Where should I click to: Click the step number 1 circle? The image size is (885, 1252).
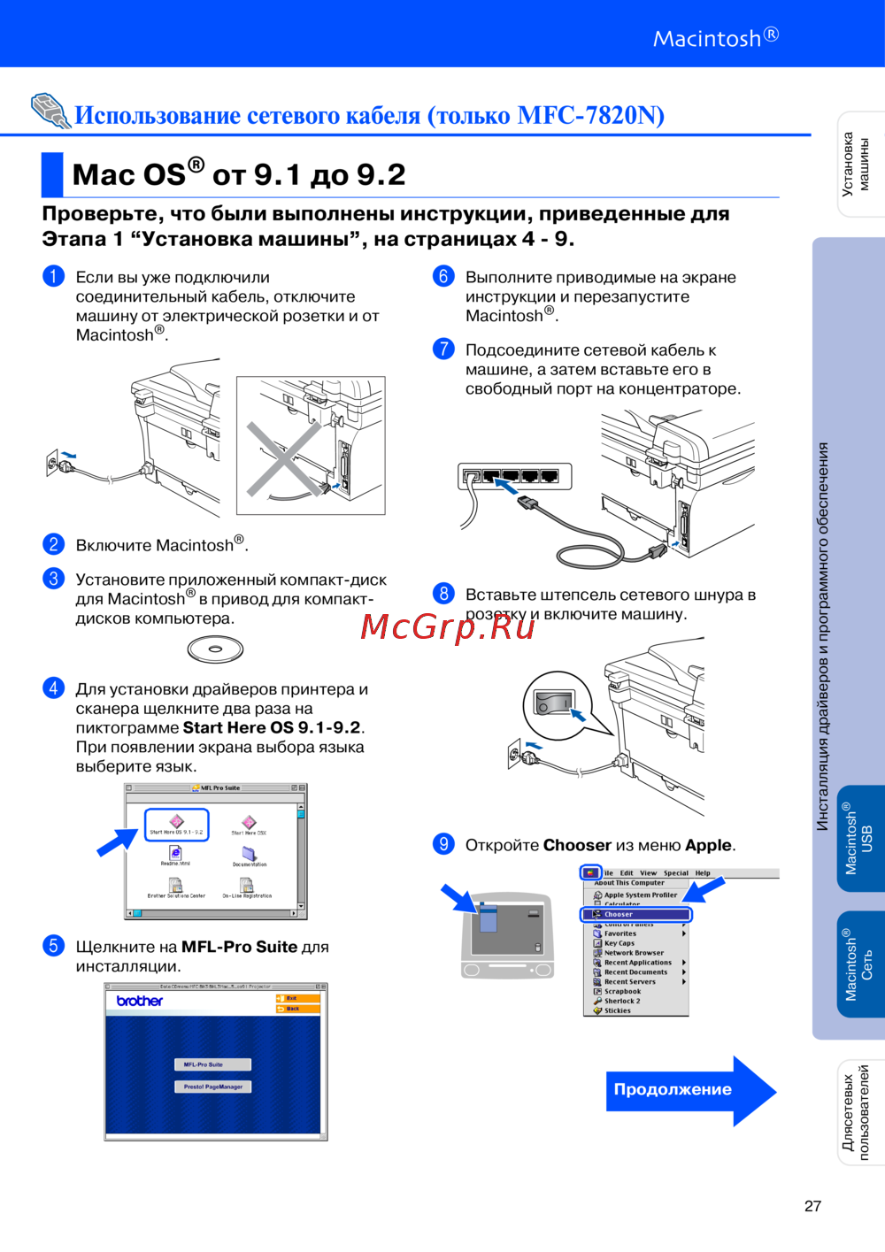(53, 276)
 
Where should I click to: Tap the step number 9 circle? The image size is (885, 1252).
(443, 843)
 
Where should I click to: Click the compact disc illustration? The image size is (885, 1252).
(215, 649)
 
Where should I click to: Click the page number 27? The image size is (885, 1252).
(812, 1206)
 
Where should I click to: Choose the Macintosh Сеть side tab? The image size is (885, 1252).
(858, 964)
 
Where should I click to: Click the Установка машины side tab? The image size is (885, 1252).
(857, 164)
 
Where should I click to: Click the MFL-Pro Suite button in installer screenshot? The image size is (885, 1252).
(212, 1064)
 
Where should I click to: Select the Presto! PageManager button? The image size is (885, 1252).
(212, 1087)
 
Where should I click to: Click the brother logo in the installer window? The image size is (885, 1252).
(140, 1001)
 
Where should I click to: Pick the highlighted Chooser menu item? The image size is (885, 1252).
(636, 914)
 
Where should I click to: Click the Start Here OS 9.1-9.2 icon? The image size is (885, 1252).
(176, 825)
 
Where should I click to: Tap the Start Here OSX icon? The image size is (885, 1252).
(249, 825)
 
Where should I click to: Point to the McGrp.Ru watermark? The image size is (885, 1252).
(448, 626)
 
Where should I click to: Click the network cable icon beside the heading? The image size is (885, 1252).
(50, 111)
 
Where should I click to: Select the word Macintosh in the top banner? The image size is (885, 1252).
(707, 39)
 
